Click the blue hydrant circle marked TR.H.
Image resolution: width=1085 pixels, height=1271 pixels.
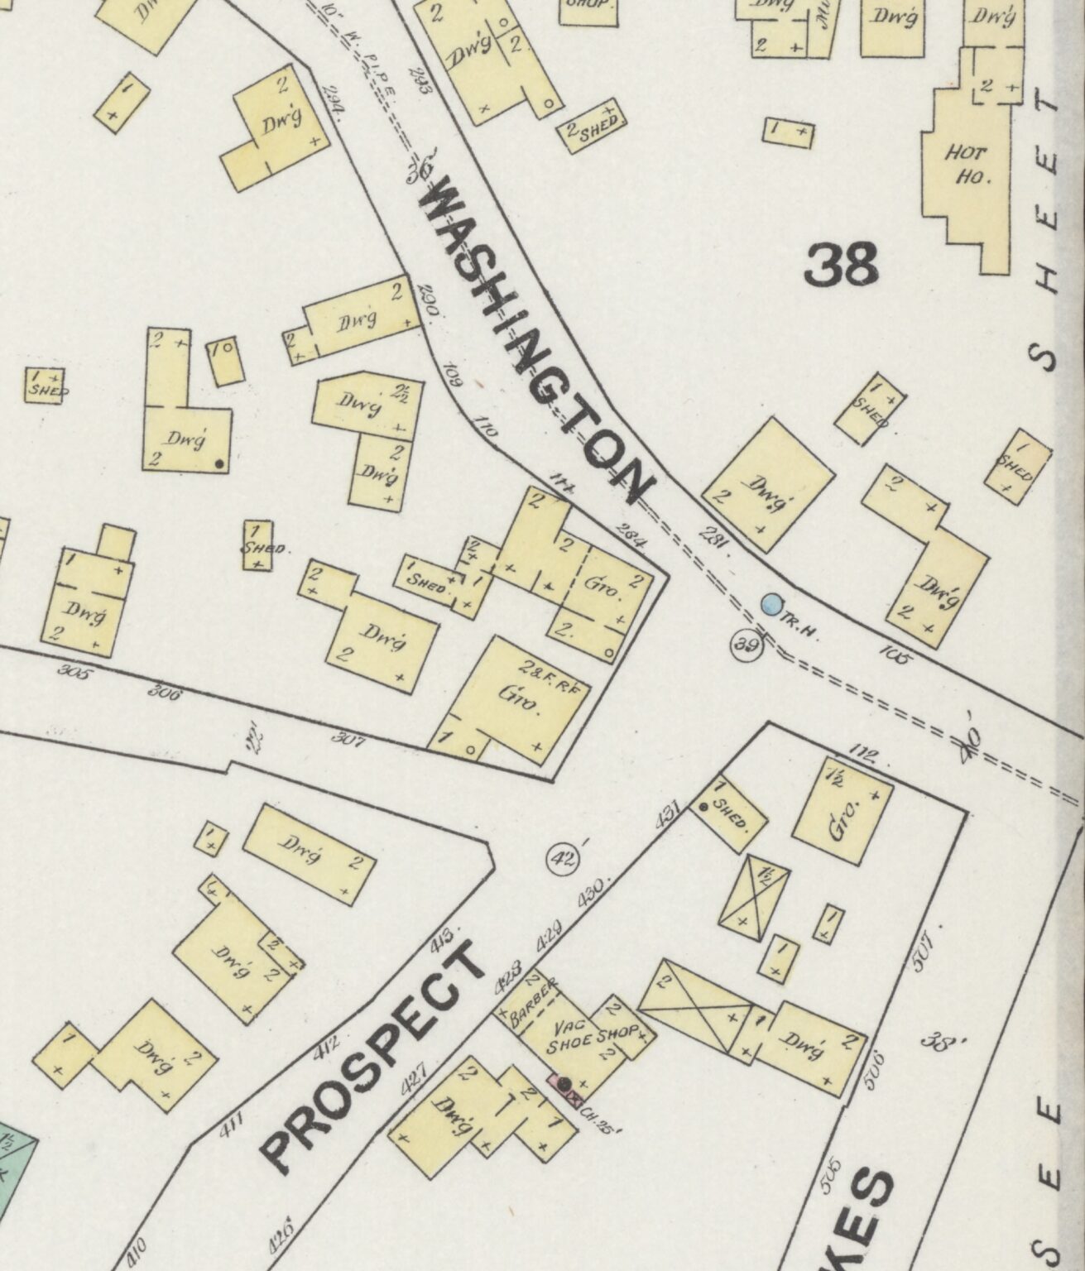click(771, 604)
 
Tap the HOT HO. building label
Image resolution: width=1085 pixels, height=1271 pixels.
click(965, 165)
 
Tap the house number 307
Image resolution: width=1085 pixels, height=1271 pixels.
click(348, 738)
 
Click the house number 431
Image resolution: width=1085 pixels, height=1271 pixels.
click(667, 814)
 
